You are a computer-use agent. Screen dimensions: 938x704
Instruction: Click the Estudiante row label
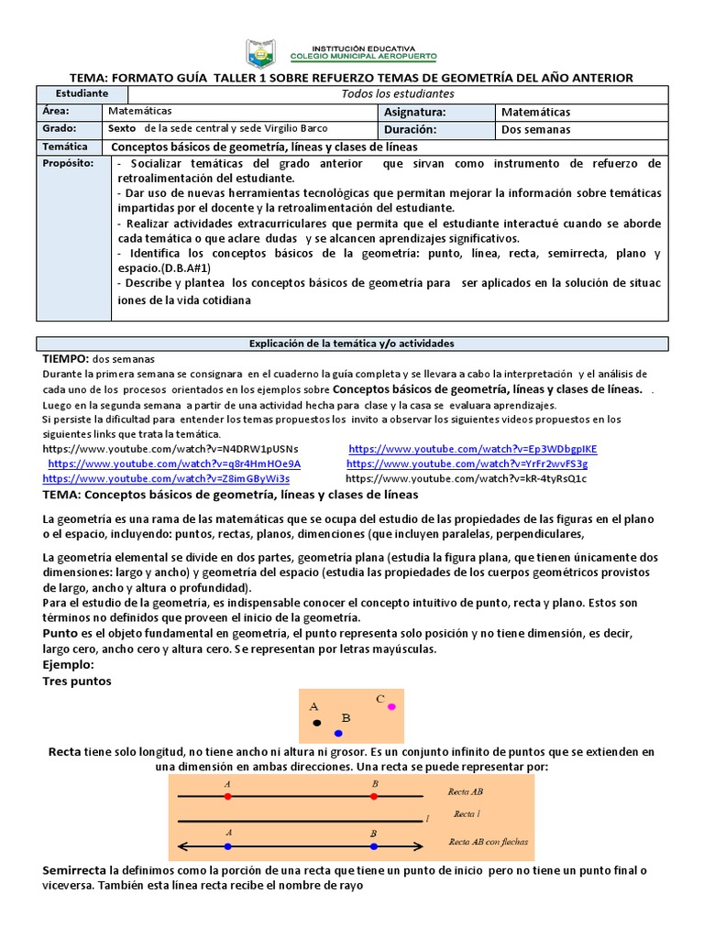[x=82, y=93]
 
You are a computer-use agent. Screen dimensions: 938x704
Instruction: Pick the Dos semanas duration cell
[x=536, y=129]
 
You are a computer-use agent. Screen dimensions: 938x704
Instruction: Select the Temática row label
[x=65, y=147]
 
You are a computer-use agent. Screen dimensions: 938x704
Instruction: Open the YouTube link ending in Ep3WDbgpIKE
[x=473, y=449]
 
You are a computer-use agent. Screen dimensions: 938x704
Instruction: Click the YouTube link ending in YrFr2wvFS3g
[x=467, y=464]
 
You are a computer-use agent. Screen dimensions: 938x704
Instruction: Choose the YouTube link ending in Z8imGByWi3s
[x=166, y=478]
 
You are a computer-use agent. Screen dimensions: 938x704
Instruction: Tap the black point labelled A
[x=317, y=723]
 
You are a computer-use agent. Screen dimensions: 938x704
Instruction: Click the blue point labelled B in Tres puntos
[x=338, y=734]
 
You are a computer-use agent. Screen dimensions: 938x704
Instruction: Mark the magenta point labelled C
[x=391, y=707]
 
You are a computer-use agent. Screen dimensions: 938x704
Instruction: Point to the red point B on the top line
[x=374, y=797]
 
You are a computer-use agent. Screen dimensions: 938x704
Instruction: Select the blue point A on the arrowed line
[x=228, y=845]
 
